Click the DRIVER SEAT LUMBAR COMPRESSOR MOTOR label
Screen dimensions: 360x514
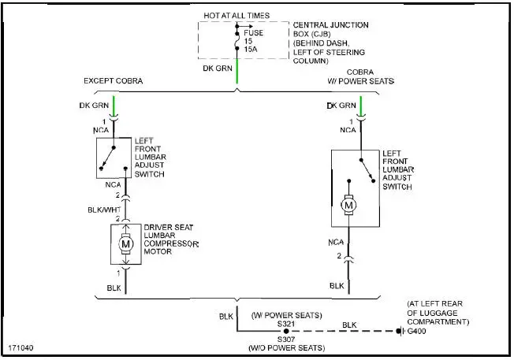pos(172,239)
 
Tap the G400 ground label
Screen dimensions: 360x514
pos(416,332)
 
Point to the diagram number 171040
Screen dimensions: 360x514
pos(21,347)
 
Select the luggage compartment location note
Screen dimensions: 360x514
pos(438,312)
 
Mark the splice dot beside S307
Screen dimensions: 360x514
pos(285,332)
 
